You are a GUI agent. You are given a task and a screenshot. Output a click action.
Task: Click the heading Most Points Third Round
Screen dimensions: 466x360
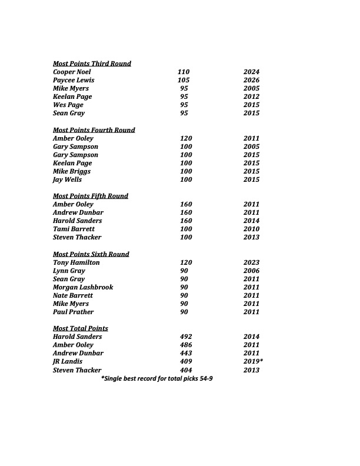pyautogui.click(x=92, y=64)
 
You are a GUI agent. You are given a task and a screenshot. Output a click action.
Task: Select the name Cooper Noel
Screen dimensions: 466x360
pyautogui.click(x=72, y=72)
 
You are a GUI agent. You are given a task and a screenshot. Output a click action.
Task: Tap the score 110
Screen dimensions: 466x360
pyautogui.click(x=184, y=72)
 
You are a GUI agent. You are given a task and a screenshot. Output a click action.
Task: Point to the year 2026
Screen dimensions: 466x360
pyautogui.click(x=251, y=80)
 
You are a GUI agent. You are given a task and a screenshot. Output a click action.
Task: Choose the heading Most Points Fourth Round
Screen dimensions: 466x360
pyautogui.click(x=94, y=130)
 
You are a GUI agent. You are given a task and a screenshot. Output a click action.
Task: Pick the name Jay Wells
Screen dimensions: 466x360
pyautogui.click(x=67, y=179)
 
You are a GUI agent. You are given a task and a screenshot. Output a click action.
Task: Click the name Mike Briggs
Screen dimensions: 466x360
pyautogui.click(x=72, y=171)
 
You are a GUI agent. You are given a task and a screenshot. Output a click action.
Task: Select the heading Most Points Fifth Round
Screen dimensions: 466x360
pyautogui.click(x=91, y=196)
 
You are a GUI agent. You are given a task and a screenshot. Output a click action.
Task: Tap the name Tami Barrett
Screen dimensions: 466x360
pyautogui.click(x=74, y=229)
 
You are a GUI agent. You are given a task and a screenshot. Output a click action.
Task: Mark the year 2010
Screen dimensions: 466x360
pyautogui.click(x=251, y=229)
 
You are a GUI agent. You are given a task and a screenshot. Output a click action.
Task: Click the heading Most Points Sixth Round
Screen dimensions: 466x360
pyautogui.click(x=91, y=254)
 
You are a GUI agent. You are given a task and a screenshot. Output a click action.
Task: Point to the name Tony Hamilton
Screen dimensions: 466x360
pyautogui.click(x=76, y=262)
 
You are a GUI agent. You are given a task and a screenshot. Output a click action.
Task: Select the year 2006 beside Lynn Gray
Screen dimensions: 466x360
pyautogui.click(x=251, y=271)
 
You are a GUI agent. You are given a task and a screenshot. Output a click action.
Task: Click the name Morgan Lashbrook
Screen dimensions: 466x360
pyautogui.click(x=83, y=287)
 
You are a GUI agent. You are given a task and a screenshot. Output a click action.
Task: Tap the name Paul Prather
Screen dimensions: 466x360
pyautogui.click(x=74, y=312)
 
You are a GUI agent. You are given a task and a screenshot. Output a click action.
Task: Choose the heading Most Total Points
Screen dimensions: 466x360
pyautogui.click(x=81, y=328)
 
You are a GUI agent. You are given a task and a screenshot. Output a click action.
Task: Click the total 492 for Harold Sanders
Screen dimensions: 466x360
pyautogui.click(x=186, y=337)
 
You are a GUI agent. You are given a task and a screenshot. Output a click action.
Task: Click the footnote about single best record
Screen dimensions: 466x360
pyautogui.click(x=157, y=378)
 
